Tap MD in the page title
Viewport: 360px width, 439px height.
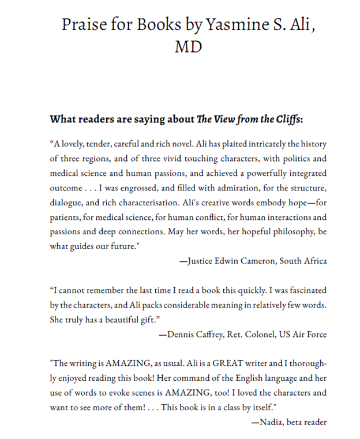(188, 46)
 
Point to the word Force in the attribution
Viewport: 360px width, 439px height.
(316, 334)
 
